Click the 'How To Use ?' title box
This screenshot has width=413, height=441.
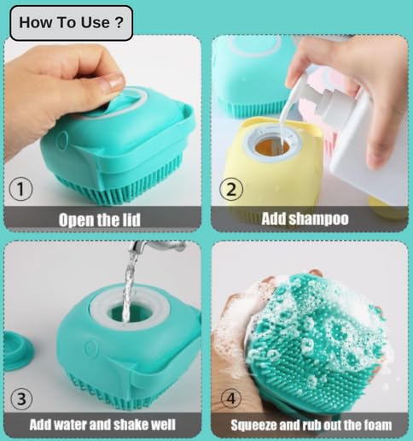point(71,23)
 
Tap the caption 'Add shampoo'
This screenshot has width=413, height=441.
point(305,219)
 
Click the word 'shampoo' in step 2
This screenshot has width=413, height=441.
point(319,219)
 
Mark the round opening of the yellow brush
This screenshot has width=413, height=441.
point(272,144)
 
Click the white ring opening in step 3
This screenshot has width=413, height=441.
point(134,315)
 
